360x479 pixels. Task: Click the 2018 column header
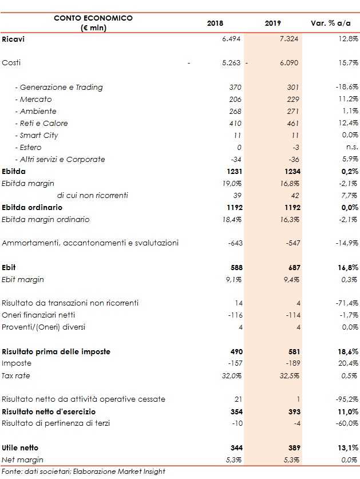(215, 23)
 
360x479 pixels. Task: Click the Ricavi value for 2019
(288, 39)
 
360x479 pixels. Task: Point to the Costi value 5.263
(232, 63)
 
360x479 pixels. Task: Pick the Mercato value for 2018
(235, 100)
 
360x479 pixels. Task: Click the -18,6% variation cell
(346, 88)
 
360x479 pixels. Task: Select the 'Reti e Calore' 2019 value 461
(292, 124)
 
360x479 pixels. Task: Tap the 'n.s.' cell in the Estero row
(352, 148)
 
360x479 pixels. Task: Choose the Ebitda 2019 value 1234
(290, 171)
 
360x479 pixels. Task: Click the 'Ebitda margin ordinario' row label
(46, 219)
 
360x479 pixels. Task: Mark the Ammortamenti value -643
(235, 243)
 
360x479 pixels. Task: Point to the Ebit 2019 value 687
(291, 267)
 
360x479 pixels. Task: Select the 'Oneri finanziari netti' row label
(38, 315)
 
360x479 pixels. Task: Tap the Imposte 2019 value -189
(291, 363)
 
